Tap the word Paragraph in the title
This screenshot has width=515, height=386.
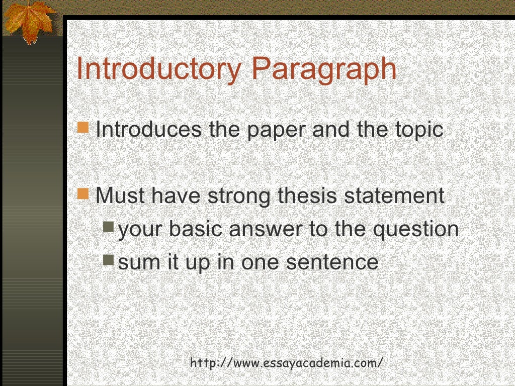(x=323, y=69)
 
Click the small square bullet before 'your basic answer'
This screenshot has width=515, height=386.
(x=109, y=227)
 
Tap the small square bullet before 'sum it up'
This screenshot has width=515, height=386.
(x=109, y=259)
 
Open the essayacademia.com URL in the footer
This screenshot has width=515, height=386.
(x=287, y=362)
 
